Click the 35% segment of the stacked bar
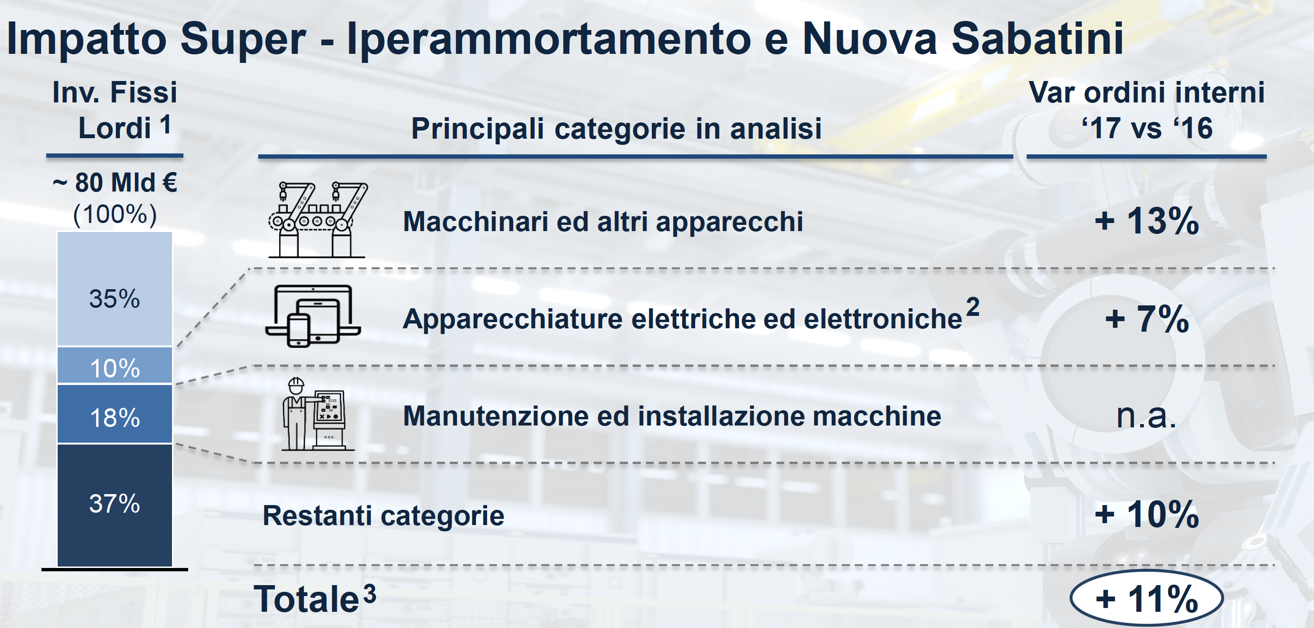(115, 289)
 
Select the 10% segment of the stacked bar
(115, 365)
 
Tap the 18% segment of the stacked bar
(115, 414)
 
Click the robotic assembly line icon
(317, 220)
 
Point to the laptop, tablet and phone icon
(313, 316)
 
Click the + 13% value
(1147, 222)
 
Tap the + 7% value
(1147, 319)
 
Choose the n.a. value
(1146, 416)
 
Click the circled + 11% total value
(1147, 598)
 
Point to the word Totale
(306, 599)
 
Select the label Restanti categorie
(384, 515)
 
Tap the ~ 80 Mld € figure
(115, 182)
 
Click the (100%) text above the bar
(115, 214)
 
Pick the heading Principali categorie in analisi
(616, 129)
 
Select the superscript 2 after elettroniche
(973, 307)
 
